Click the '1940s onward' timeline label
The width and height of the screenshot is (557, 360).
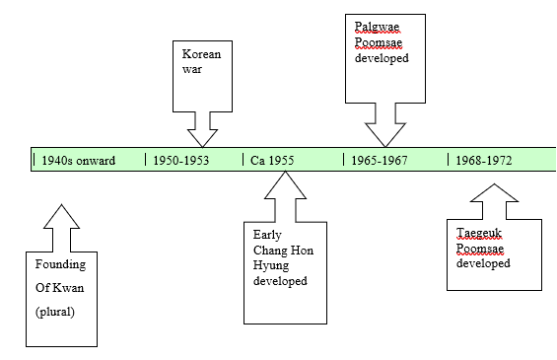[x=78, y=160]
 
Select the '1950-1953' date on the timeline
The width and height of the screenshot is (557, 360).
[x=181, y=160]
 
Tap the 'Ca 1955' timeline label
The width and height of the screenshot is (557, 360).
[x=271, y=160]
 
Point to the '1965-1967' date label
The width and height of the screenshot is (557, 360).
[x=381, y=160]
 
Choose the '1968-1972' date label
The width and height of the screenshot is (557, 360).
[x=484, y=160]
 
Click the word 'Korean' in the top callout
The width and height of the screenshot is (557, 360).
[x=202, y=54]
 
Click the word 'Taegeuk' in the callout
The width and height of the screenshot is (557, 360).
[x=476, y=233]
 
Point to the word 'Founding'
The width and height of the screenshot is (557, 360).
[x=61, y=264]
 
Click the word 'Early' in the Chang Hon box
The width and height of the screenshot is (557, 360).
[x=267, y=234]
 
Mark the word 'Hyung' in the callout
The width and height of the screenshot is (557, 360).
[x=270, y=265]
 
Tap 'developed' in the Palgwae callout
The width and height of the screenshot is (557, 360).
[x=382, y=58]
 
